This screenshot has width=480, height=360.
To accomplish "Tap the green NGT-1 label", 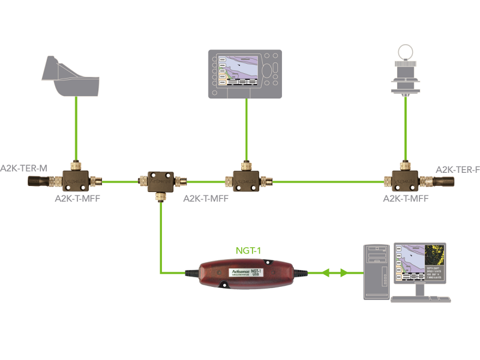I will point(247,249).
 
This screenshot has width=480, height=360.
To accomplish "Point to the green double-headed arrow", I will point(334,272).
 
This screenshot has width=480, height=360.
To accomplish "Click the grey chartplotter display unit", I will point(245,74).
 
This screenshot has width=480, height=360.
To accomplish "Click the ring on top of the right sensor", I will point(406,50).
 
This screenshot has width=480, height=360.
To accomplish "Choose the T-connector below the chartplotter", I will point(245,178).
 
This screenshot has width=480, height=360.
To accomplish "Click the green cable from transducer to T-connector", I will point(76,129).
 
